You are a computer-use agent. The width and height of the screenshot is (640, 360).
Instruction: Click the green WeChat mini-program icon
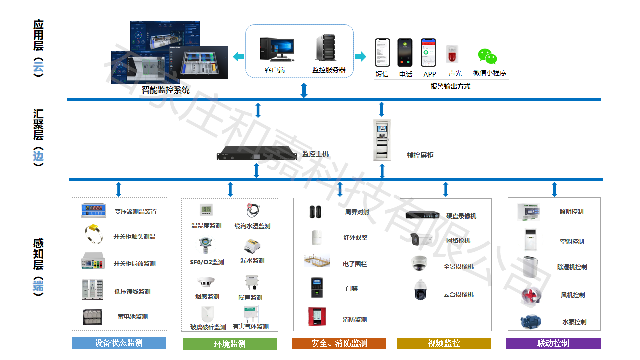(487, 57)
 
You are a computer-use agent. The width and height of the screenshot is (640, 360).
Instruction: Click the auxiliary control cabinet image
(382, 140)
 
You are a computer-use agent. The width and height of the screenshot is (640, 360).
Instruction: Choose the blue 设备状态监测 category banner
(119, 343)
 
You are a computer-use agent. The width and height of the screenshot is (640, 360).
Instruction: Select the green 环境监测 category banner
(229, 344)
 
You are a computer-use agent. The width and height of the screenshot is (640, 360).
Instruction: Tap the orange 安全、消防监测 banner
(339, 343)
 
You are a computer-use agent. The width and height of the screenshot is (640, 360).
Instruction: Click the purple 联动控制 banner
(553, 343)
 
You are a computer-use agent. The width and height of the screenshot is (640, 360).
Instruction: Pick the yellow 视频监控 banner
(444, 343)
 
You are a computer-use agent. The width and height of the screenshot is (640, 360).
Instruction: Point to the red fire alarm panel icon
(316, 317)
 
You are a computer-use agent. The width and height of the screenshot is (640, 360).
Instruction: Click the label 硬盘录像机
(461, 216)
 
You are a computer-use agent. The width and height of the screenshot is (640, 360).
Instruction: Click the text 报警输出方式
(450, 86)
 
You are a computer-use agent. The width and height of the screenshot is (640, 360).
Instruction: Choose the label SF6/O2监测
(207, 262)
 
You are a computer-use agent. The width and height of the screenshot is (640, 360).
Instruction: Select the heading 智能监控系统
(165, 90)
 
